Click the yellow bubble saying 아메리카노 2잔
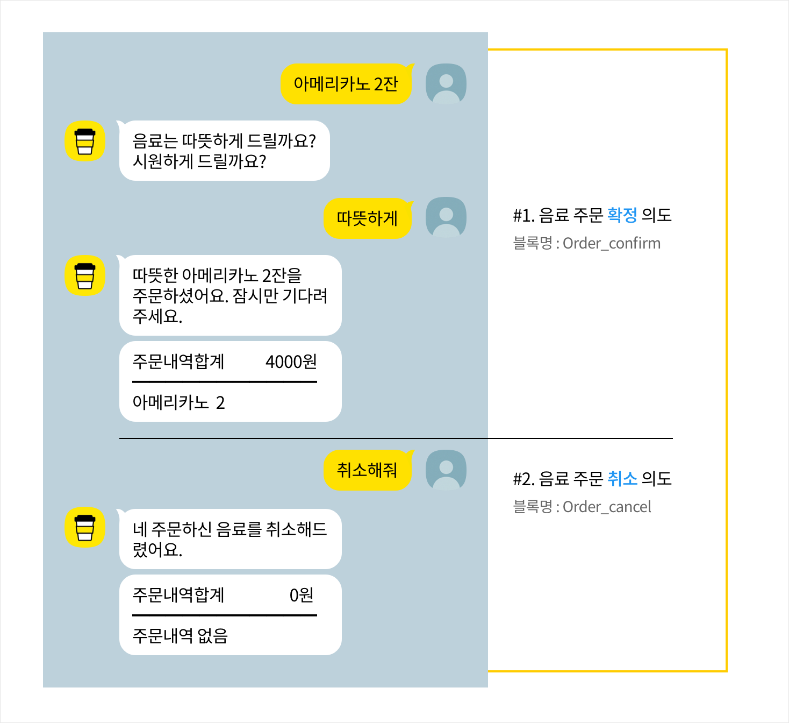pos(346,84)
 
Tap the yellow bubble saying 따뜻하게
pos(367,218)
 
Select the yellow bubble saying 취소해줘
pos(367,470)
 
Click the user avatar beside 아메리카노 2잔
pos(446,83)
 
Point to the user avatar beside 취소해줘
pos(446,470)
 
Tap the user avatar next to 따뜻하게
pos(446,217)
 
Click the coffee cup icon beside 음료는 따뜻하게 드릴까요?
pos(85,141)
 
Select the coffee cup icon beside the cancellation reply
pos(85,527)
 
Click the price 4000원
pos(291,361)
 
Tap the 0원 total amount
pos(301,595)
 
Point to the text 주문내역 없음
pos(180,636)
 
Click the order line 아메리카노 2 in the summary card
pos(178,402)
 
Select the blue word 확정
pos(622,215)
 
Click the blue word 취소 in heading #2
pos(622,479)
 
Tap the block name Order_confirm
pos(612,244)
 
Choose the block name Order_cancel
pos(607,507)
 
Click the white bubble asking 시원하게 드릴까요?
pos(224,151)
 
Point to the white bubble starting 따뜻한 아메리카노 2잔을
pos(230,295)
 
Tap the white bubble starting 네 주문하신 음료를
pos(230,539)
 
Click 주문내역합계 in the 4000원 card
pos(178,361)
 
